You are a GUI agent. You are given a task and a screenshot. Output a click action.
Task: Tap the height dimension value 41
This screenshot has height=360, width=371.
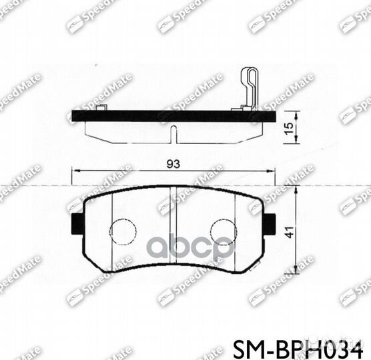[288, 233]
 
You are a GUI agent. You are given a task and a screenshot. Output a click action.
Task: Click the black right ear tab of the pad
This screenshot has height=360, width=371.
[269, 223]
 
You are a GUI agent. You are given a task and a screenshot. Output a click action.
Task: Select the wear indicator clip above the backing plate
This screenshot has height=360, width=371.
[249, 87]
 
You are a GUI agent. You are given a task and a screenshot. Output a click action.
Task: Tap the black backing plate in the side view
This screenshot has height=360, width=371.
[173, 116]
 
